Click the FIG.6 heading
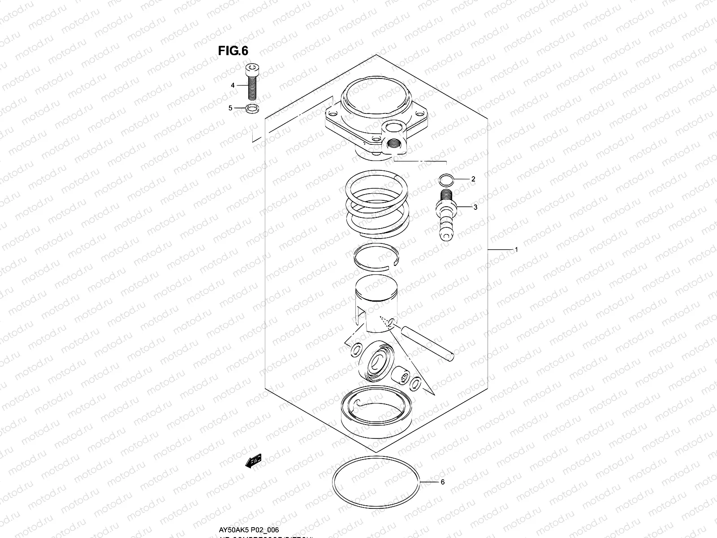coord(233,51)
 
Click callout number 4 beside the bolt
coord(233,85)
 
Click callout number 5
coord(231,108)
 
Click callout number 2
coord(473,179)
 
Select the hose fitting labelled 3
coord(446,215)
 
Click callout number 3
coord(475,207)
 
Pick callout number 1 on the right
coord(516,249)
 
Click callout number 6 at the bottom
coord(442,482)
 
